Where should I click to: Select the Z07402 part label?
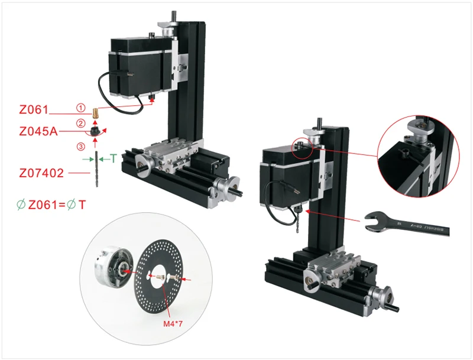coord(40,173)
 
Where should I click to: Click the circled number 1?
coord(80,108)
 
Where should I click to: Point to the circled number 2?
coord(80,123)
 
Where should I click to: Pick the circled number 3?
coord(80,146)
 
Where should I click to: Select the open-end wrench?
coord(408,223)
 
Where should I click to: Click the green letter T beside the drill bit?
coord(113,158)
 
